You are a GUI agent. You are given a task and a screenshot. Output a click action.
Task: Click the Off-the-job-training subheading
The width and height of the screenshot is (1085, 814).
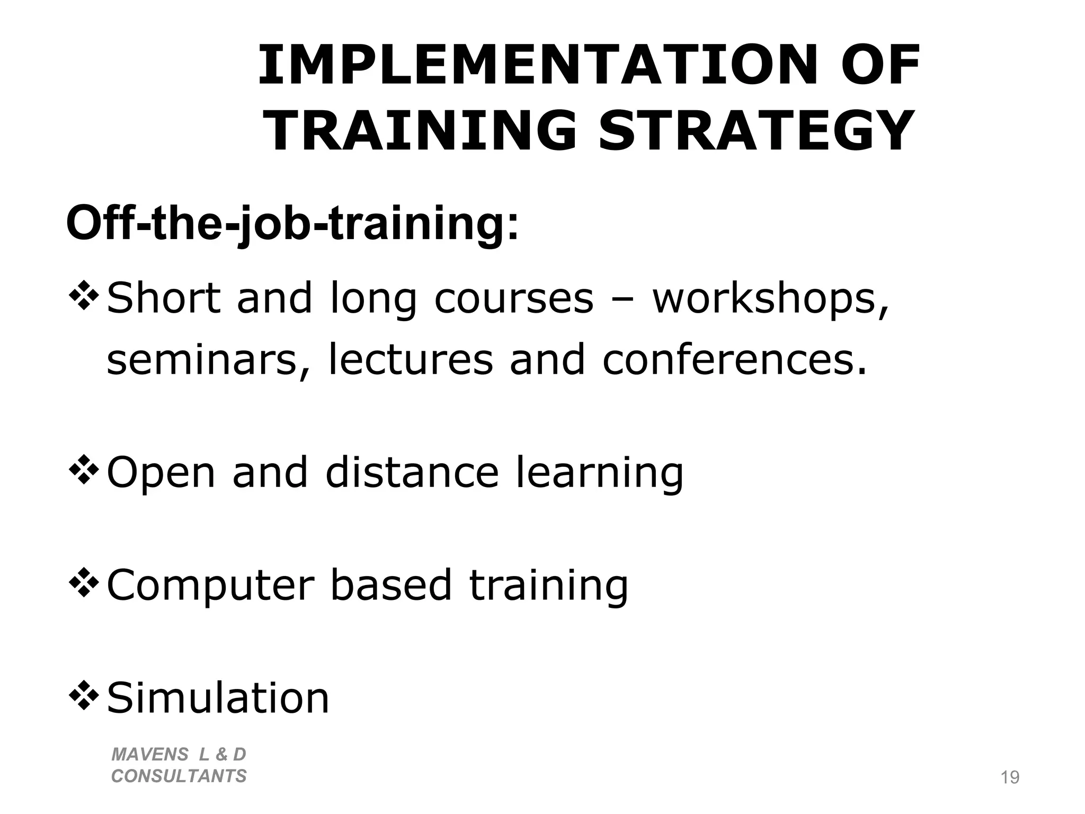[x=292, y=224]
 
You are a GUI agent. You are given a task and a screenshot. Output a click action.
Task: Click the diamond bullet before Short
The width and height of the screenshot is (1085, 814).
[x=84, y=297]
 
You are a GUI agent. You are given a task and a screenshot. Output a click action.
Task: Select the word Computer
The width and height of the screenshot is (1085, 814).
[x=211, y=586]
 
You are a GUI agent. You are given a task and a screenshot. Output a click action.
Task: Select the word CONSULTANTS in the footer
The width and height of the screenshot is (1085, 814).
[x=179, y=776]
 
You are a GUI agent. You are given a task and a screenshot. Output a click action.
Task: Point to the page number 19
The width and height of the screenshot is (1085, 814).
[x=1010, y=777]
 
